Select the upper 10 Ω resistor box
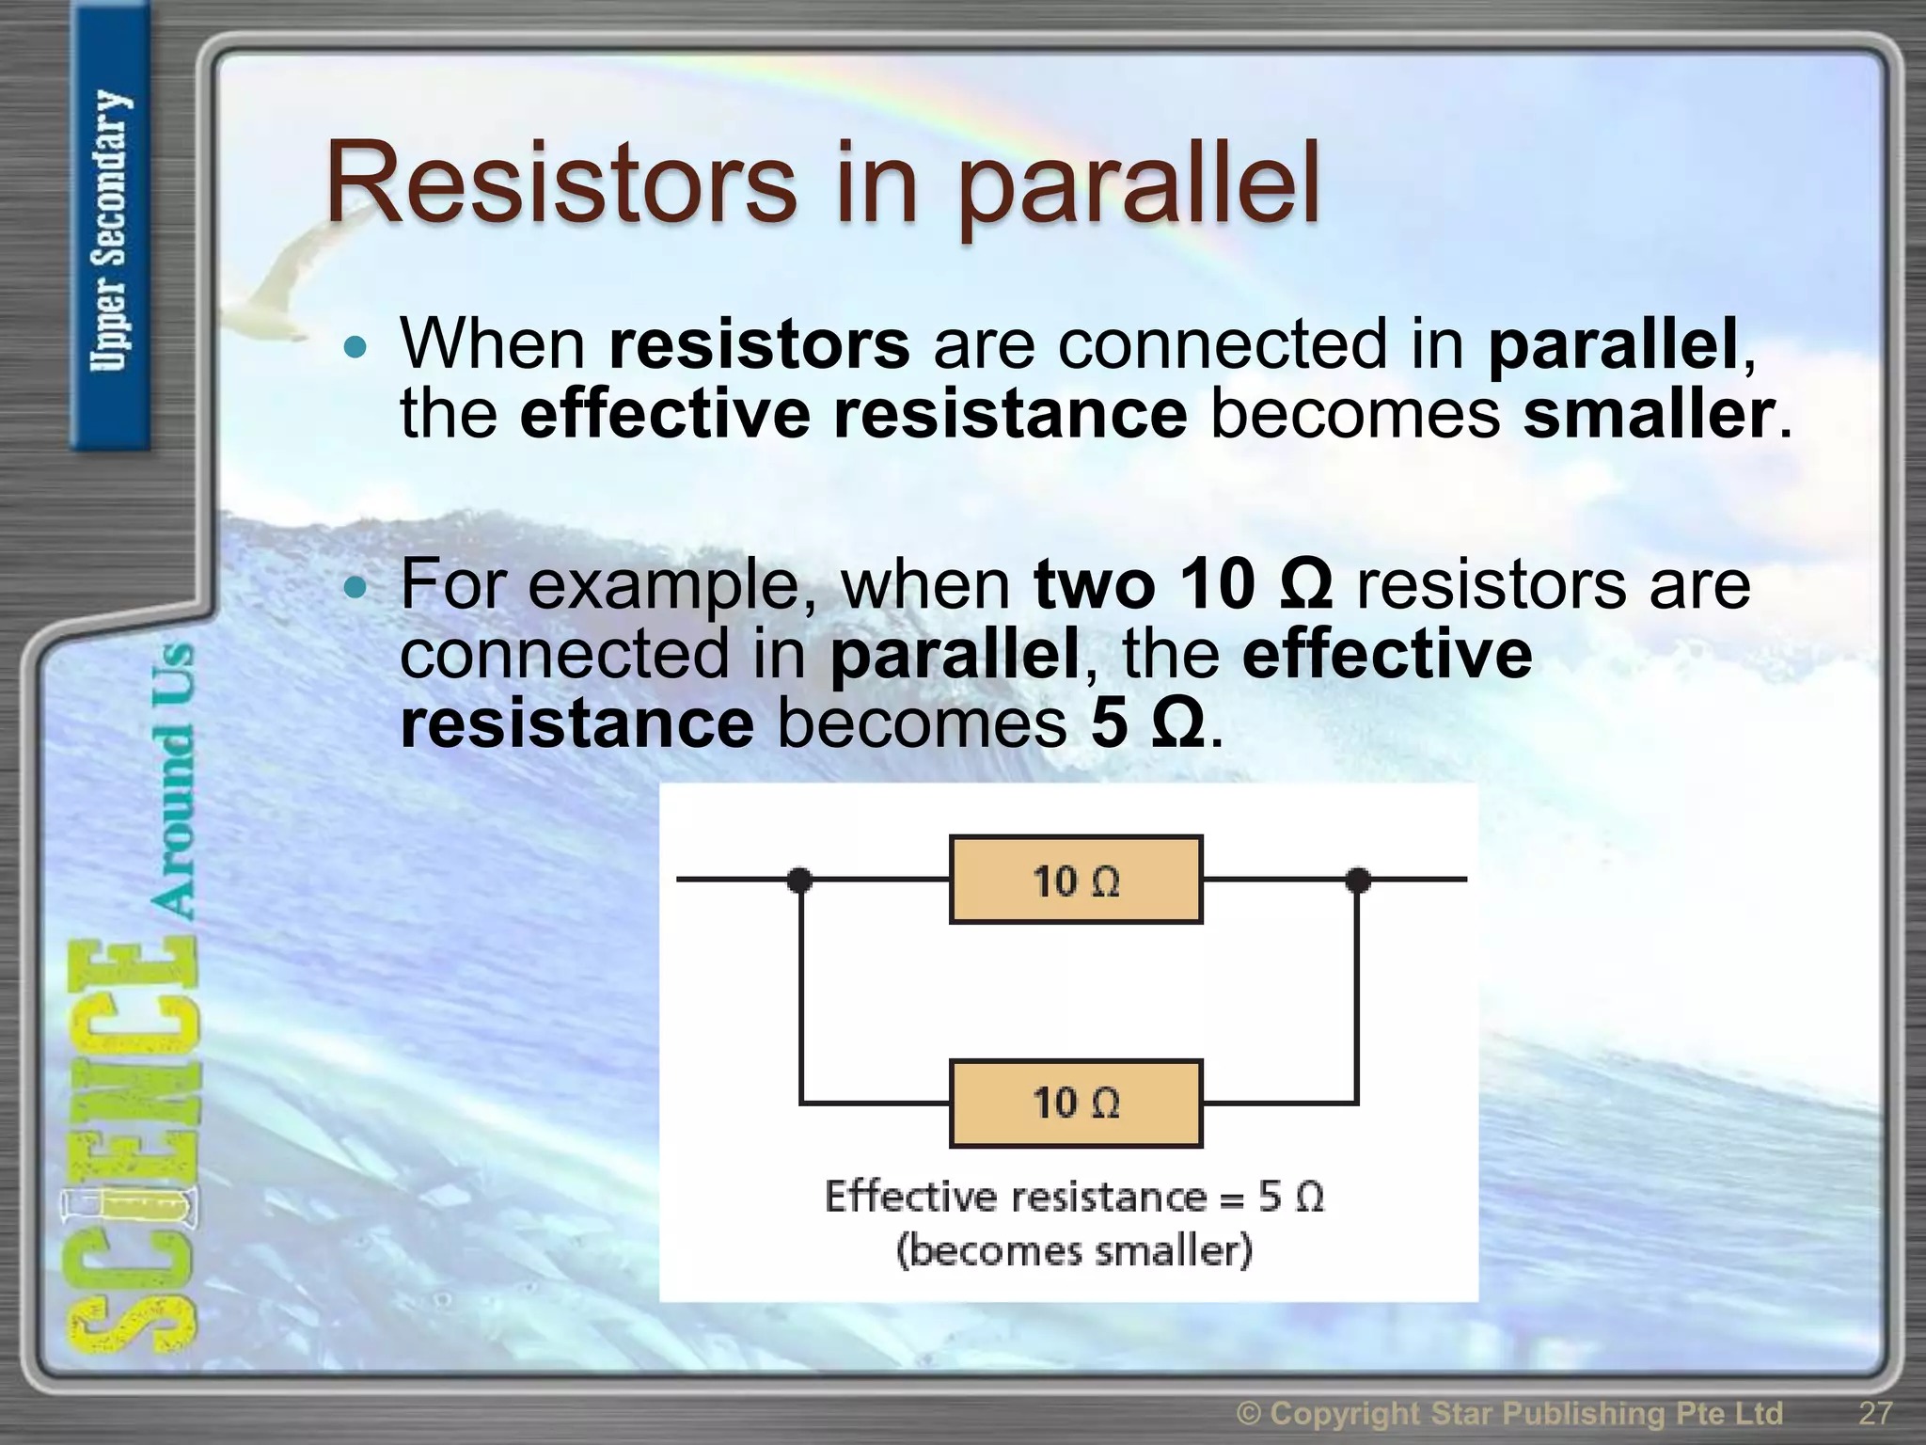point(1076,881)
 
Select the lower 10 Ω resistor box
point(1076,1104)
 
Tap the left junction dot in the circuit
point(799,881)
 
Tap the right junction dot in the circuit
point(1357,881)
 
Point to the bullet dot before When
point(355,348)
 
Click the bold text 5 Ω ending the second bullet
point(1146,724)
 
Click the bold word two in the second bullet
point(1094,585)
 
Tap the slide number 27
point(1875,1413)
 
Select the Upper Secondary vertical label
point(111,230)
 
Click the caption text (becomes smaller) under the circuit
point(1074,1252)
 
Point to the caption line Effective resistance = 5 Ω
point(1074,1198)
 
